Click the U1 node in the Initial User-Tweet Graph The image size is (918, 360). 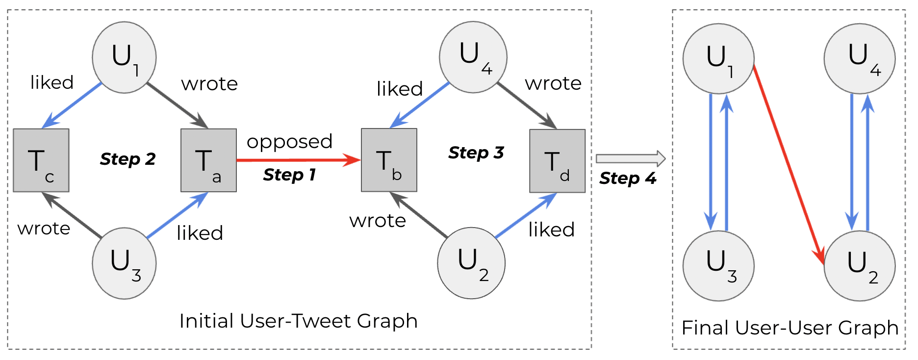(124, 57)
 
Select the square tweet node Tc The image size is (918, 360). (41, 160)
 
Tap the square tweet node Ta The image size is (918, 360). (208, 160)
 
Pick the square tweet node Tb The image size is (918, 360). (389, 160)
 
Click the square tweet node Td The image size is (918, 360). (557, 161)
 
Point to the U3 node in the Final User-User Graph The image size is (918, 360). (718, 265)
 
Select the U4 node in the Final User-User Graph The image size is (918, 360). (859, 58)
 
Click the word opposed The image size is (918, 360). (289, 142)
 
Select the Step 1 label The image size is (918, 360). (289, 175)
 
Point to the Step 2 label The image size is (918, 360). (127, 159)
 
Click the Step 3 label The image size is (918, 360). (476, 153)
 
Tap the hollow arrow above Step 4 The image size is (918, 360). (630, 158)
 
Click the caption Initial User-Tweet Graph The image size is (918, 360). (298, 321)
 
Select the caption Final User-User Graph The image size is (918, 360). (790, 328)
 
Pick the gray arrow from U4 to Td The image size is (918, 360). (526, 105)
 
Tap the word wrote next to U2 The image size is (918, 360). (377, 221)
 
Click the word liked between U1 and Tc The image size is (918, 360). (52, 82)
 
